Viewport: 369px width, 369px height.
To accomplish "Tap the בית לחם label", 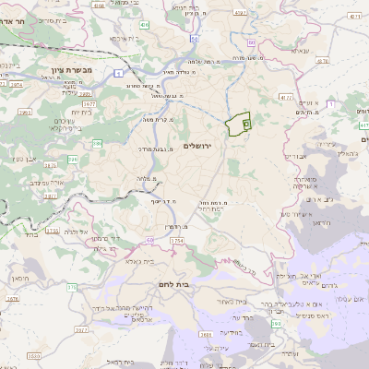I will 173,284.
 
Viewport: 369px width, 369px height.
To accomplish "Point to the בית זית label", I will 81,112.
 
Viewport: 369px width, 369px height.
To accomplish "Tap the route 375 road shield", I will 72,287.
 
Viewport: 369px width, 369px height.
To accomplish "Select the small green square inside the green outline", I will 245,123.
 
